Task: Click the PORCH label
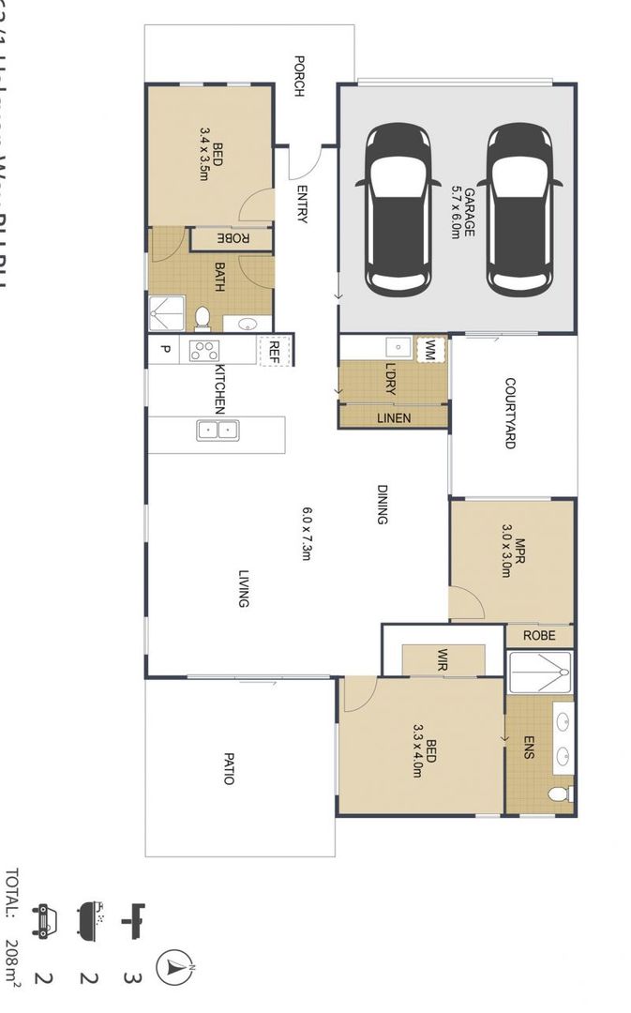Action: click(x=299, y=76)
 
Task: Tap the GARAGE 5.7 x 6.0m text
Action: click(x=462, y=210)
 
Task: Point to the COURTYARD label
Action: click(x=510, y=413)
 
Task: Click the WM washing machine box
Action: click(x=430, y=351)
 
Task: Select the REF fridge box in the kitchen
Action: click(x=275, y=351)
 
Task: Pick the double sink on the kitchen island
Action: click(x=218, y=431)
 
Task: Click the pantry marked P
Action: click(x=165, y=351)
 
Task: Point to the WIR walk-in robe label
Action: click(x=441, y=659)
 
